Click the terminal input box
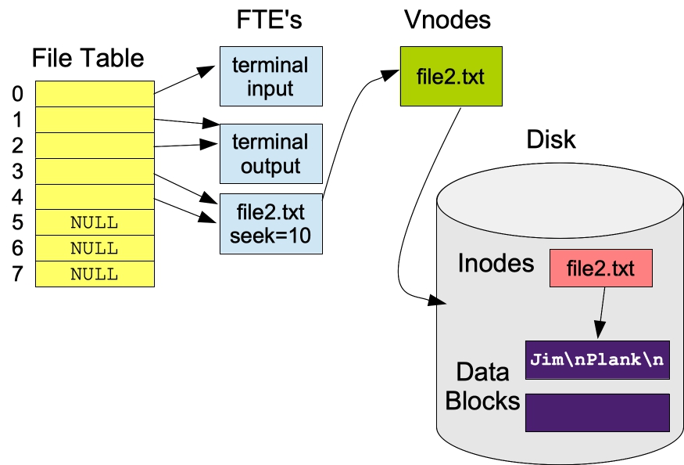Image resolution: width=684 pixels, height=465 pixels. (270, 76)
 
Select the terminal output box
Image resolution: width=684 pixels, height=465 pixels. (270, 153)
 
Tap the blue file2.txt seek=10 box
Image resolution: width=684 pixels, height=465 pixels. (270, 223)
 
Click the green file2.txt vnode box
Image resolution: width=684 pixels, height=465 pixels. (449, 77)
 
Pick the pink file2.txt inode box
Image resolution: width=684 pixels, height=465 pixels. (600, 270)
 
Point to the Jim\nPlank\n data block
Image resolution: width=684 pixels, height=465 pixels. (597, 360)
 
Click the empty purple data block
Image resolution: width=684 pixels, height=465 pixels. (597, 413)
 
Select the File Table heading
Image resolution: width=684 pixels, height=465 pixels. (88, 58)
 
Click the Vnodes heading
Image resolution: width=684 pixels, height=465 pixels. (447, 20)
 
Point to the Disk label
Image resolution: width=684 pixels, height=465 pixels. (551, 139)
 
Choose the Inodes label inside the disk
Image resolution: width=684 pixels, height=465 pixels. (496, 263)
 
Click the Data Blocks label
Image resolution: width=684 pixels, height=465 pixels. (482, 387)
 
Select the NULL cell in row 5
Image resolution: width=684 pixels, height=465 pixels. (95, 222)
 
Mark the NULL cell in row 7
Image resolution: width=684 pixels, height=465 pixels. (95, 274)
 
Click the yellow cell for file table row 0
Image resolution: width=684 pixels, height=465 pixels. (95, 93)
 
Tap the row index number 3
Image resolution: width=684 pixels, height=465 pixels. (17, 171)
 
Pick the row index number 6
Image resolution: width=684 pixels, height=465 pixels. (17, 248)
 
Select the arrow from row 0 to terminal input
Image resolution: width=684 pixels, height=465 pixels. (184, 81)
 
